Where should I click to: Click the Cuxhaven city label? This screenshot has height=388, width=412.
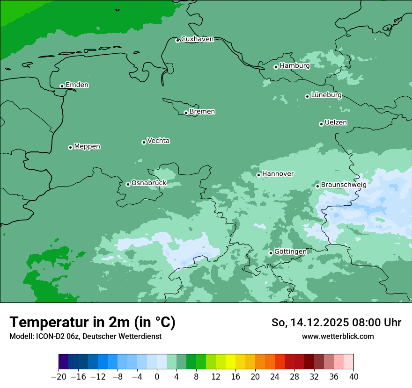[197, 39]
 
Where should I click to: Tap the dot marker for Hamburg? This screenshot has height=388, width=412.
[276, 67]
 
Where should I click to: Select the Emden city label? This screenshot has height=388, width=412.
[77, 85]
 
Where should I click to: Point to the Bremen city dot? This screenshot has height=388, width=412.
[186, 113]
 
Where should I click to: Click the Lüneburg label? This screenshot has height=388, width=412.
[326, 95]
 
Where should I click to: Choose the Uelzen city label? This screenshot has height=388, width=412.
[336, 123]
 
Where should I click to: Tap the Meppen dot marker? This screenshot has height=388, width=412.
[70, 147]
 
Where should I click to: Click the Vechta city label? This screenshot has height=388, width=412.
[158, 141]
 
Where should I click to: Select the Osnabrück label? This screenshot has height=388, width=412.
[149, 183]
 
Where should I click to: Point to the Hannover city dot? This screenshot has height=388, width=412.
[258, 175]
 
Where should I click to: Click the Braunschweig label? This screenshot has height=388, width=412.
[344, 185]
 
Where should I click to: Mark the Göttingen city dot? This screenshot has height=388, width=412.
[271, 253]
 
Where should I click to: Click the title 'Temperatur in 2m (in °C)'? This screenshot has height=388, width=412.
[92, 323]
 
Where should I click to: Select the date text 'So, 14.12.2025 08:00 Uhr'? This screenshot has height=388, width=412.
[336, 323]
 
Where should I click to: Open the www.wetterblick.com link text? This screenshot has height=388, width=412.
[338, 336]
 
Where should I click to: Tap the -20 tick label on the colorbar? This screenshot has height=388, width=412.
[59, 376]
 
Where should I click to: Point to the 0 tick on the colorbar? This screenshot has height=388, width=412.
[157, 376]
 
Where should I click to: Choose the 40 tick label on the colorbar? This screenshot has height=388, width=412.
[353, 376]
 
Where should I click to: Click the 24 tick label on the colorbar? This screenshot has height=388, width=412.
[275, 376]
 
